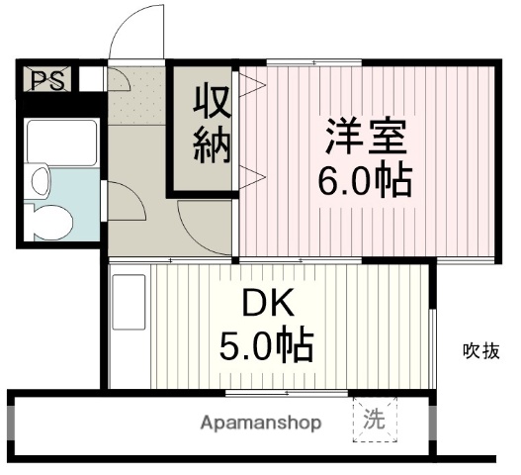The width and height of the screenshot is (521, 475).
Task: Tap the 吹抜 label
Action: pyautogui.click(x=482, y=349)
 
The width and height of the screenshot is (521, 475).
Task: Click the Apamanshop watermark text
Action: pyautogui.click(x=261, y=424)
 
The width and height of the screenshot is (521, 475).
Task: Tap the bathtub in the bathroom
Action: pyautogui.click(x=61, y=143)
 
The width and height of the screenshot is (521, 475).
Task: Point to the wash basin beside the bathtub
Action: pyautogui.click(x=40, y=180)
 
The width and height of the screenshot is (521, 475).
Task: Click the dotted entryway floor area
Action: pyautogui.click(x=136, y=94)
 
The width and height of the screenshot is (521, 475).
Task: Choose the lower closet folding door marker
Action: pyautogui.click(x=249, y=177)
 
